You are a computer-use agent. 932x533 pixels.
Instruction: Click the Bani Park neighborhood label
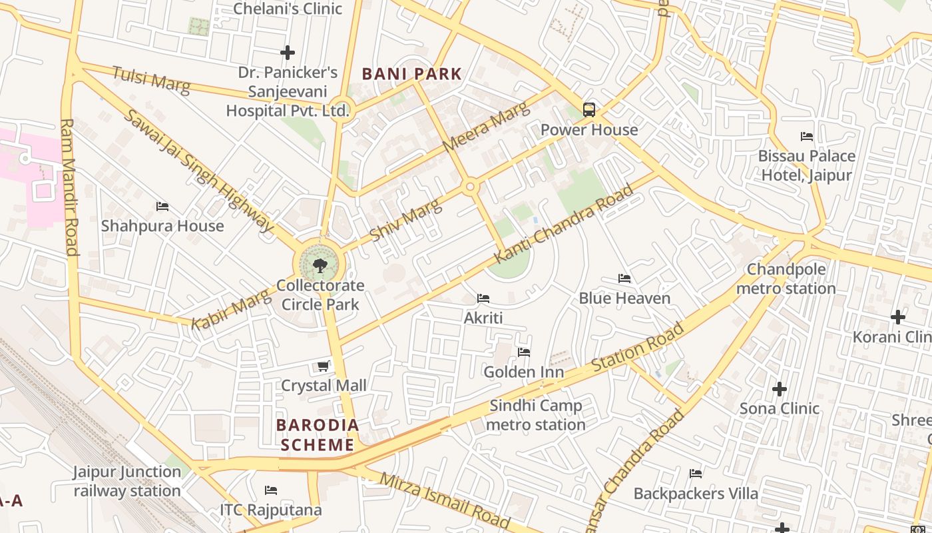click(x=411, y=74)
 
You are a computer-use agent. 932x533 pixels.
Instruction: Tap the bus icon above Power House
click(x=589, y=109)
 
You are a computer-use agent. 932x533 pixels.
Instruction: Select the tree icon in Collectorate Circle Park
click(x=320, y=266)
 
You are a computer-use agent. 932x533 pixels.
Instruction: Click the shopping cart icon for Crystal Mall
click(x=324, y=366)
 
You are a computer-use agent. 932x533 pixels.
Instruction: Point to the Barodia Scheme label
click(x=318, y=435)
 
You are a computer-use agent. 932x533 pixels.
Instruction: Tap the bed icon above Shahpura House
click(x=162, y=207)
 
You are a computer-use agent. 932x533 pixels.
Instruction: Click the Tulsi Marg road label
click(x=150, y=80)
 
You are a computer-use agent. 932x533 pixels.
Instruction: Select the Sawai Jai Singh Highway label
click(x=198, y=171)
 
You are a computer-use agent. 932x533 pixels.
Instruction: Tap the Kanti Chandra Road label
click(x=563, y=224)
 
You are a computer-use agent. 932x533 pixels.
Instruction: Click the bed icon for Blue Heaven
click(x=624, y=278)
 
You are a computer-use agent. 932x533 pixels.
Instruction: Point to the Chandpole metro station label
click(x=786, y=279)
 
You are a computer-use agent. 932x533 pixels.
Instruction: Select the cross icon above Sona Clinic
click(x=780, y=388)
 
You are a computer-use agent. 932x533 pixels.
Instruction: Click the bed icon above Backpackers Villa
click(x=696, y=474)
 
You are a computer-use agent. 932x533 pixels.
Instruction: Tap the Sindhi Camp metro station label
click(x=536, y=415)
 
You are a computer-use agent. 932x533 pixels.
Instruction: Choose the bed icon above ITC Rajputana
click(x=271, y=490)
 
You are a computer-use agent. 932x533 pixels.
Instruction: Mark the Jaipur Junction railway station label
click(x=126, y=481)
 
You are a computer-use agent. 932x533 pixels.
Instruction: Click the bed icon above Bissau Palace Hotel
click(x=807, y=137)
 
